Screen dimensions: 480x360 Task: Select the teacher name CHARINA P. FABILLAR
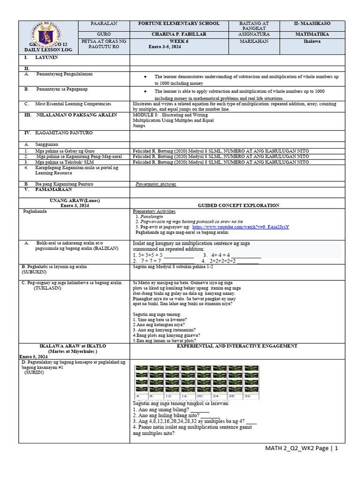(x=178, y=34)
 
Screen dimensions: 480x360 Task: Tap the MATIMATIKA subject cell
(x=312, y=34)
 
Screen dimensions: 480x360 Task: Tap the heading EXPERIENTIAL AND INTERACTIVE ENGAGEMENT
(x=237, y=346)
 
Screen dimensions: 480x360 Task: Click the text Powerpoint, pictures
(x=156, y=184)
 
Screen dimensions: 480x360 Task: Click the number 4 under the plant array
(x=138, y=396)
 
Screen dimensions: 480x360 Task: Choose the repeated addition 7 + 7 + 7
(x=147, y=261)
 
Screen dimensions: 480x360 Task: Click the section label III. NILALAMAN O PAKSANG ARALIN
(x=70, y=115)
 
